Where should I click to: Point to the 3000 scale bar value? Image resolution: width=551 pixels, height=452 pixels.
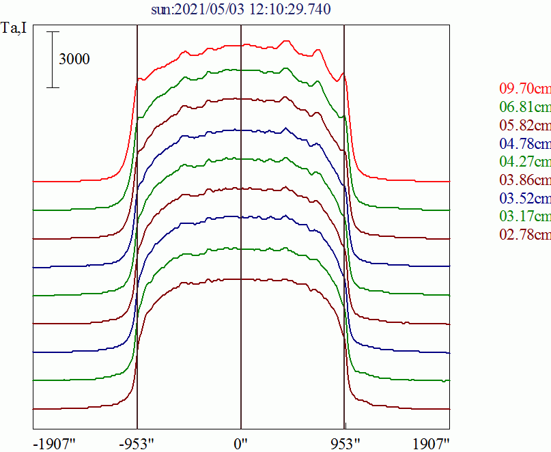[x=74, y=59]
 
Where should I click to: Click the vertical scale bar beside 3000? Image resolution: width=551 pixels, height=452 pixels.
[x=54, y=59]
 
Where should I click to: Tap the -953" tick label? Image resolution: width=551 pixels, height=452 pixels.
[x=137, y=444]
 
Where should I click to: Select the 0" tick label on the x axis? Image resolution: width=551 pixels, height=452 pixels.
[x=240, y=444]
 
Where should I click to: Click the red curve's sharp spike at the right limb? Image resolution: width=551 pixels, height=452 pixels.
[x=343, y=74]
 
